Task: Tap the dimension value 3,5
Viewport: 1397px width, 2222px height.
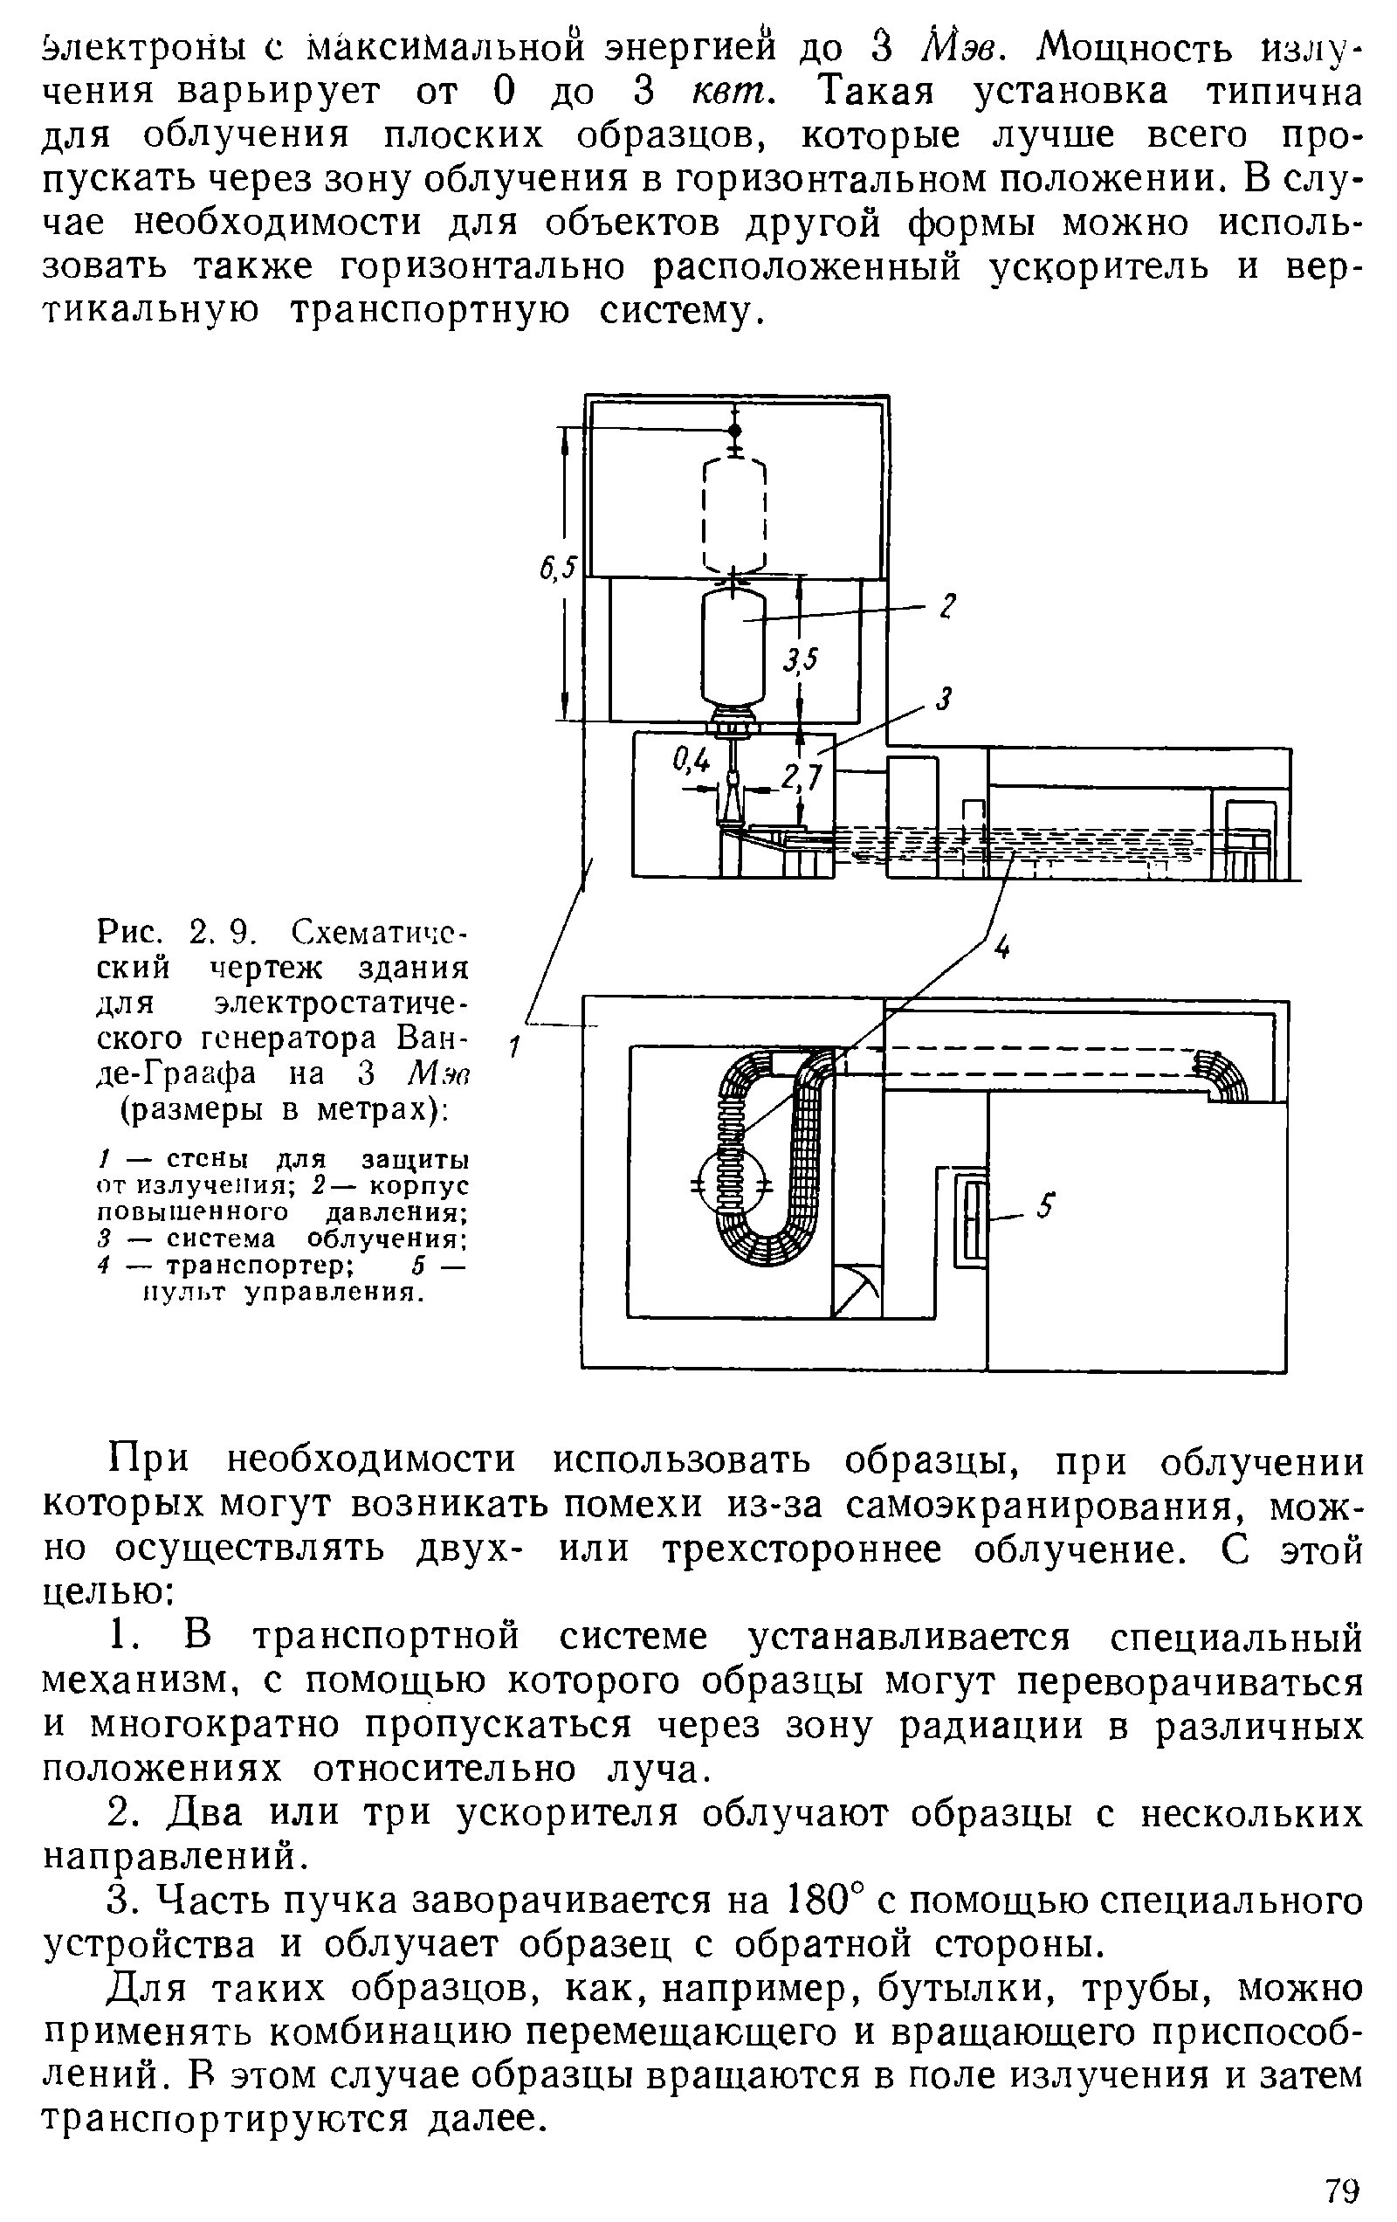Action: [801, 658]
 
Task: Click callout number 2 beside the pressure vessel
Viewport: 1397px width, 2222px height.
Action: [946, 606]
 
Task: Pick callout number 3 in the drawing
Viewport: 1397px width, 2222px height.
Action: [942, 700]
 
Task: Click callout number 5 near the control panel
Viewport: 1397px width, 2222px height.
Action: [1044, 1206]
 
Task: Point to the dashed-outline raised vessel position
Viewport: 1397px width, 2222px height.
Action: [734, 517]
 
